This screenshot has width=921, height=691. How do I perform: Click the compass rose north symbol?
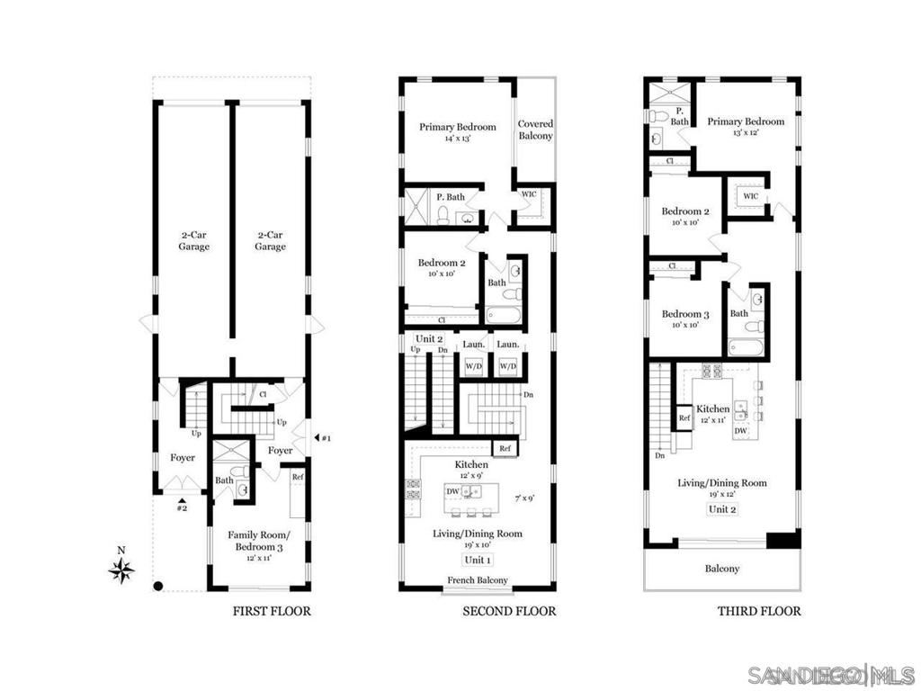click(x=121, y=569)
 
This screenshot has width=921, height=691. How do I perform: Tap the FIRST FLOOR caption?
click(x=272, y=612)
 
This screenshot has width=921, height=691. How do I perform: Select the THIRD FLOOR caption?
click(x=758, y=612)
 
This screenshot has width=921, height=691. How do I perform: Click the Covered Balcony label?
click(x=535, y=130)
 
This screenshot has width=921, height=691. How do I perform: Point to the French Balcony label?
click(x=478, y=580)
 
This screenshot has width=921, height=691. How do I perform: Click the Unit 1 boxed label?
click(x=478, y=560)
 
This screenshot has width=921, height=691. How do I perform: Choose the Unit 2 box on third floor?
click(x=722, y=509)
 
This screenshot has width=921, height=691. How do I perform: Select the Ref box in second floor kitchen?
click(x=505, y=448)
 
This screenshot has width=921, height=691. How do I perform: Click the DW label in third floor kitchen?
click(x=741, y=432)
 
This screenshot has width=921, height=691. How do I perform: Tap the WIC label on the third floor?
click(x=750, y=196)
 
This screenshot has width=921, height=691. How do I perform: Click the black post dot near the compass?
click(x=157, y=587)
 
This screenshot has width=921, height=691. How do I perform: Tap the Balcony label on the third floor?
click(x=722, y=569)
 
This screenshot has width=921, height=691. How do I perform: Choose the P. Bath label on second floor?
click(x=450, y=197)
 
